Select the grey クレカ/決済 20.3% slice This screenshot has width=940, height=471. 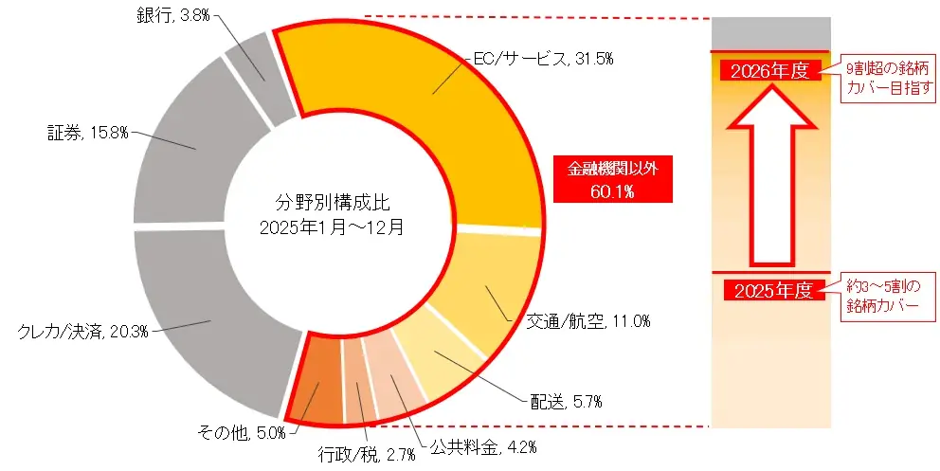pos(204,322)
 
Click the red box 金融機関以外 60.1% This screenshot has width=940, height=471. pos(613,179)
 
